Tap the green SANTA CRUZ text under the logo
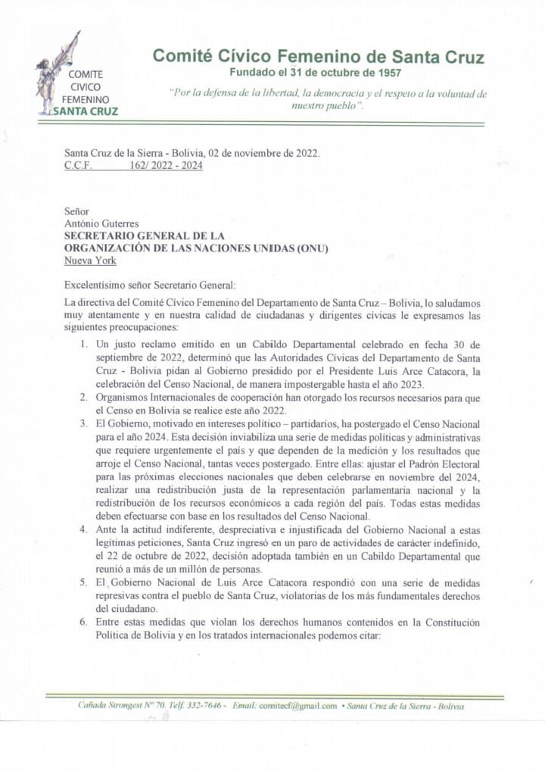[x=84, y=111]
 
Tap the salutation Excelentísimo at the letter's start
[x=98, y=285]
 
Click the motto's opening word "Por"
[x=182, y=94]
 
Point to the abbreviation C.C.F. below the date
[x=79, y=166]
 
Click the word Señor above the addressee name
[x=76, y=211]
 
